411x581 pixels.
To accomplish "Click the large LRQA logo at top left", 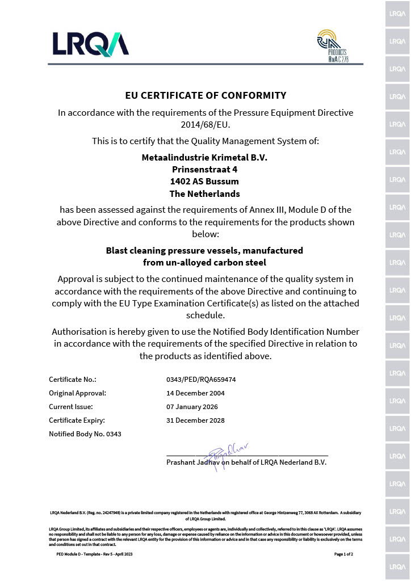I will pyautogui.click(x=91, y=44).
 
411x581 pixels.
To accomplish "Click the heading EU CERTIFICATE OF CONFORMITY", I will pyautogui.click(x=205, y=95).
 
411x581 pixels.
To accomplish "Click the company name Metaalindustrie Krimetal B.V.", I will pyautogui.click(x=204, y=157).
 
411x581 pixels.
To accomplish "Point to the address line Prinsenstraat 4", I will pyautogui.click(x=204, y=169).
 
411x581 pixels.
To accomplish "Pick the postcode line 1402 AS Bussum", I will pyautogui.click(x=204, y=182).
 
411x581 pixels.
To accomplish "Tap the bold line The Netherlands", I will pyautogui.click(x=204, y=193).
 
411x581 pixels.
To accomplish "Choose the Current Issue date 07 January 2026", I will pyautogui.click(x=192, y=406).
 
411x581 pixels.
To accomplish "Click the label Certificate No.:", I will pyautogui.click(x=73, y=379).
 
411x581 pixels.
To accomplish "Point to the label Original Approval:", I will pyautogui.click(x=78, y=393).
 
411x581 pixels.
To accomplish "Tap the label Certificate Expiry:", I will pyautogui.click(x=77, y=420).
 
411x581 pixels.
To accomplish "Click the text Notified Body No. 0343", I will pyautogui.click(x=85, y=434).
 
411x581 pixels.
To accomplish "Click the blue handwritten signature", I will pyautogui.click(x=224, y=456).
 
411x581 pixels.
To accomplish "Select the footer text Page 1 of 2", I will pyautogui.click(x=343, y=554).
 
